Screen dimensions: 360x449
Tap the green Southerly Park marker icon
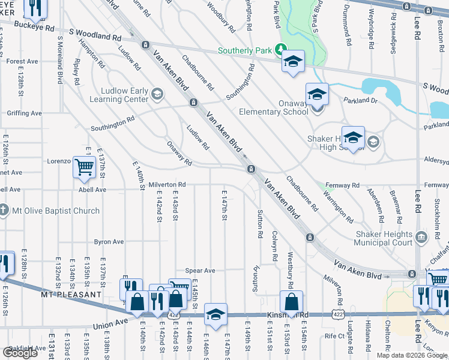tap(280, 50)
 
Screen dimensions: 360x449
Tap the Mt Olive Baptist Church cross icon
tap(5, 211)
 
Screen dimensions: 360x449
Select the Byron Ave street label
tap(109, 242)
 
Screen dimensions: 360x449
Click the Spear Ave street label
tap(200, 271)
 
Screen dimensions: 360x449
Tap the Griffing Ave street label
tap(24, 113)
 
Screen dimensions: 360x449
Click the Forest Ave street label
tap(22, 61)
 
